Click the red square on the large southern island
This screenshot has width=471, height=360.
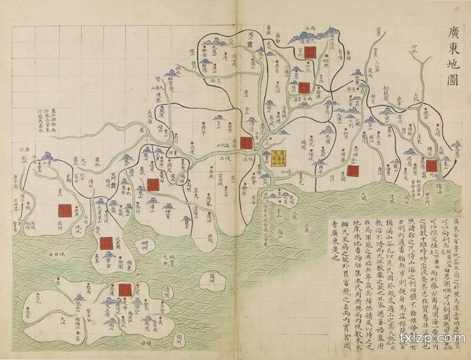click(x=125, y=289)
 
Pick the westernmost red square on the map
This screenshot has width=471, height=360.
click(x=65, y=211)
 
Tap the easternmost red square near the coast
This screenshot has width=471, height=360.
click(x=432, y=165)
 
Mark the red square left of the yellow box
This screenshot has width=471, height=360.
click(x=246, y=143)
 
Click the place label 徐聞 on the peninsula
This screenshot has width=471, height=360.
click(x=125, y=257)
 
